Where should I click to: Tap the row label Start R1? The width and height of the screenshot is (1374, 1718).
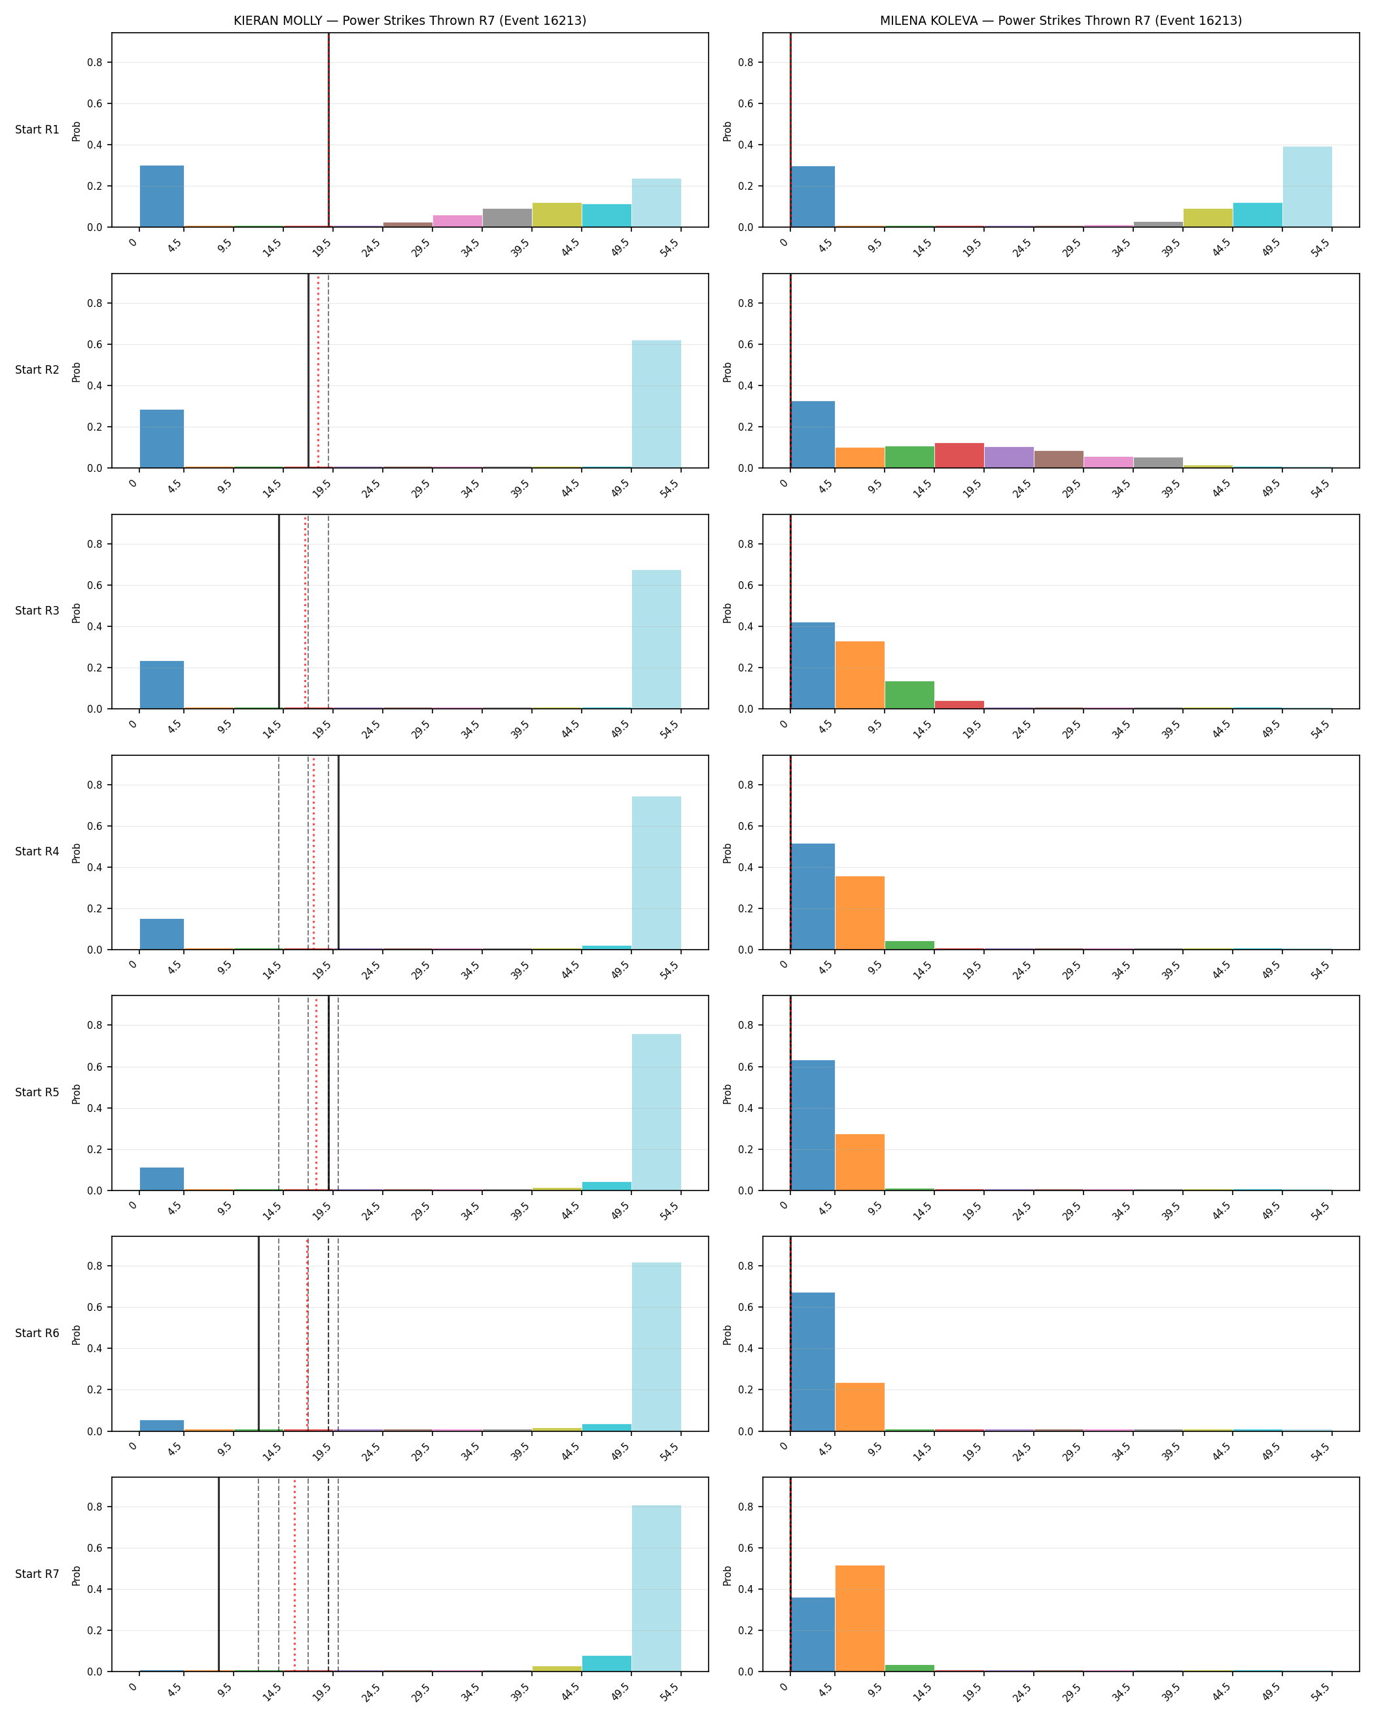[x=37, y=130]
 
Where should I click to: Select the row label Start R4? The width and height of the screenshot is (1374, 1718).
[x=37, y=852]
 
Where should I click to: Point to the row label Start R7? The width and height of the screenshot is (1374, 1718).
[x=37, y=1574]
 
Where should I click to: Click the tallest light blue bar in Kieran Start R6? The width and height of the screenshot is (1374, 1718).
[x=656, y=1347]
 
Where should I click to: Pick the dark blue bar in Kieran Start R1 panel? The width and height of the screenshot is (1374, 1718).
[x=162, y=196]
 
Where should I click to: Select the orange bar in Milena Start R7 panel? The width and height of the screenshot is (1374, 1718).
[x=860, y=1619]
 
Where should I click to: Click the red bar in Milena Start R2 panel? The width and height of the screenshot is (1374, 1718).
[x=959, y=455]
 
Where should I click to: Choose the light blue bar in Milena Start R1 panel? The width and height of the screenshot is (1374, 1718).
[x=1307, y=187]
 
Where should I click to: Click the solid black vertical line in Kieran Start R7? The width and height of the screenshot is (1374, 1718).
[x=219, y=1575]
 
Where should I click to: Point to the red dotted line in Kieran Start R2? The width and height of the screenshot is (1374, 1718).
[x=318, y=371]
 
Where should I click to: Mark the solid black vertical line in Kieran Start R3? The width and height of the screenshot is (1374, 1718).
[x=279, y=612]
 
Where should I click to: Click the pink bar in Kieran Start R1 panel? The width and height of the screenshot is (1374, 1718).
[x=457, y=221]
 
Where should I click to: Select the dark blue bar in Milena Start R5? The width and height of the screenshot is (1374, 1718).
[x=813, y=1125]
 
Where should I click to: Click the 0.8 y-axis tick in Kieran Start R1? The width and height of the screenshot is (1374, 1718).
[x=95, y=62]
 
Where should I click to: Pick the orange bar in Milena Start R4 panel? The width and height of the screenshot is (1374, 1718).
[x=860, y=913]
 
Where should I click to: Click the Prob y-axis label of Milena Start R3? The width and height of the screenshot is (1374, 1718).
[x=727, y=613]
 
